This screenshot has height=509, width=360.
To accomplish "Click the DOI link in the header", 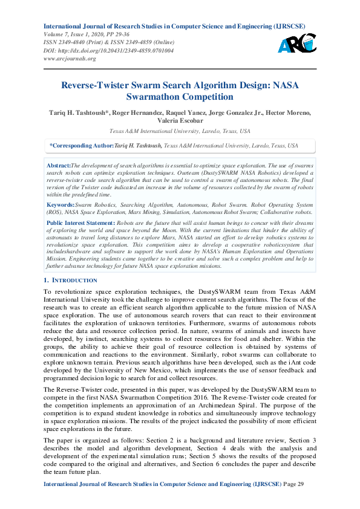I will (108, 51).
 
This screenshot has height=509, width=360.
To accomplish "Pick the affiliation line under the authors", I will (180, 131).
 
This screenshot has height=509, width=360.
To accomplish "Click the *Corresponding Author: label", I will (81, 146).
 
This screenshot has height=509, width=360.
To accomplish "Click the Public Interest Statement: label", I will (80, 223).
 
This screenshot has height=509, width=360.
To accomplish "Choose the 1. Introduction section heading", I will (70, 280).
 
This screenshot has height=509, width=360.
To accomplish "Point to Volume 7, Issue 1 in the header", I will (68, 34).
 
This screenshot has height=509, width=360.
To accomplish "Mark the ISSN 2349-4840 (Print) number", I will (75, 42).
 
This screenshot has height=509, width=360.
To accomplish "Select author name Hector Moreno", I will (292, 112).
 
